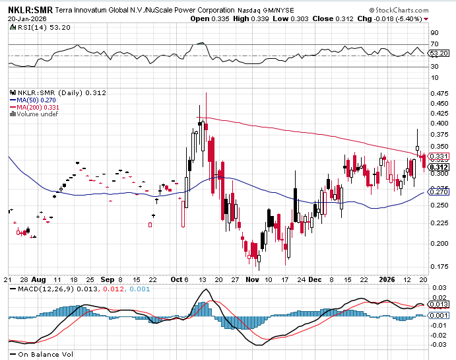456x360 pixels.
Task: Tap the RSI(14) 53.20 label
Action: [32, 27]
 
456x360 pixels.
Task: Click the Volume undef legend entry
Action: [36, 114]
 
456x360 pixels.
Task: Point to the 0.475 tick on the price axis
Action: [438, 93]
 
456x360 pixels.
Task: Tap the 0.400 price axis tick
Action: [438, 123]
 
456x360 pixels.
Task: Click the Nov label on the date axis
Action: [253, 279]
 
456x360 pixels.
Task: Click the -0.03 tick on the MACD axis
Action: [438, 344]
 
